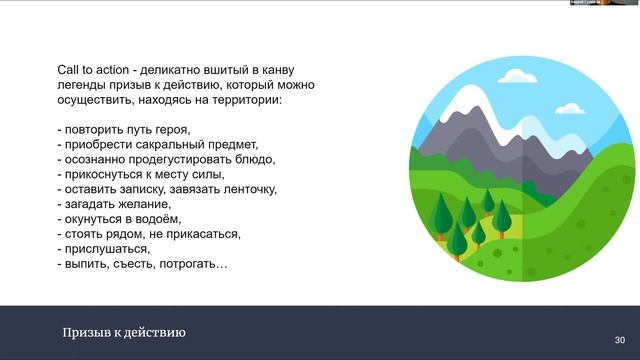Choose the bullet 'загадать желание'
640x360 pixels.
coord(114,204)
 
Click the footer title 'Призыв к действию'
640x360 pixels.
coord(124,333)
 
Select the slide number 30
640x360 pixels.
coord(619,339)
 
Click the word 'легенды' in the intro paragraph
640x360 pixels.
coord(84,86)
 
